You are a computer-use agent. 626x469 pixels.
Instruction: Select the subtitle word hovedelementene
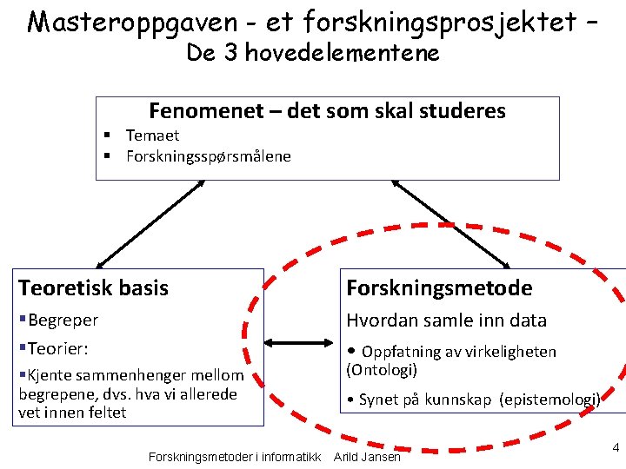pyautogui.click(x=343, y=53)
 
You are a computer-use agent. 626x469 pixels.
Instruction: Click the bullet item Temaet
pyautogui.click(x=152, y=135)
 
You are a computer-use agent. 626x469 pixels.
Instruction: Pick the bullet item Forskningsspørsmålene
pyautogui.click(x=209, y=156)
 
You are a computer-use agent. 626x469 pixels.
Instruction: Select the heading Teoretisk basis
pyautogui.click(x=94, y=287)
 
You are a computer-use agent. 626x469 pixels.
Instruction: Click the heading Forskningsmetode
pyautogui.click(x=439, y=287)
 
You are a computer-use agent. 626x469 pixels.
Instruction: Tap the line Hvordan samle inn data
pyautogui.click(x=446, y=320)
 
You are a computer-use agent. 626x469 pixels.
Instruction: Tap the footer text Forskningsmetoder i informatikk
pyautogui.click(x=235, y=457)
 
